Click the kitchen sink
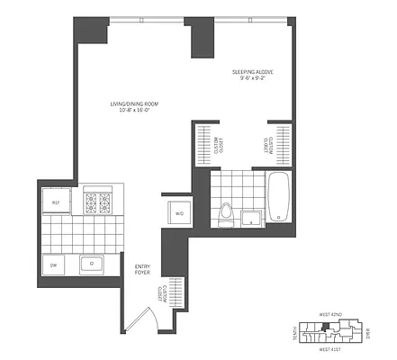[91, 265]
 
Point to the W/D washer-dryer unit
[178, 213]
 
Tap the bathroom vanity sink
[249, 216]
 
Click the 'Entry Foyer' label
[143, 269]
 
